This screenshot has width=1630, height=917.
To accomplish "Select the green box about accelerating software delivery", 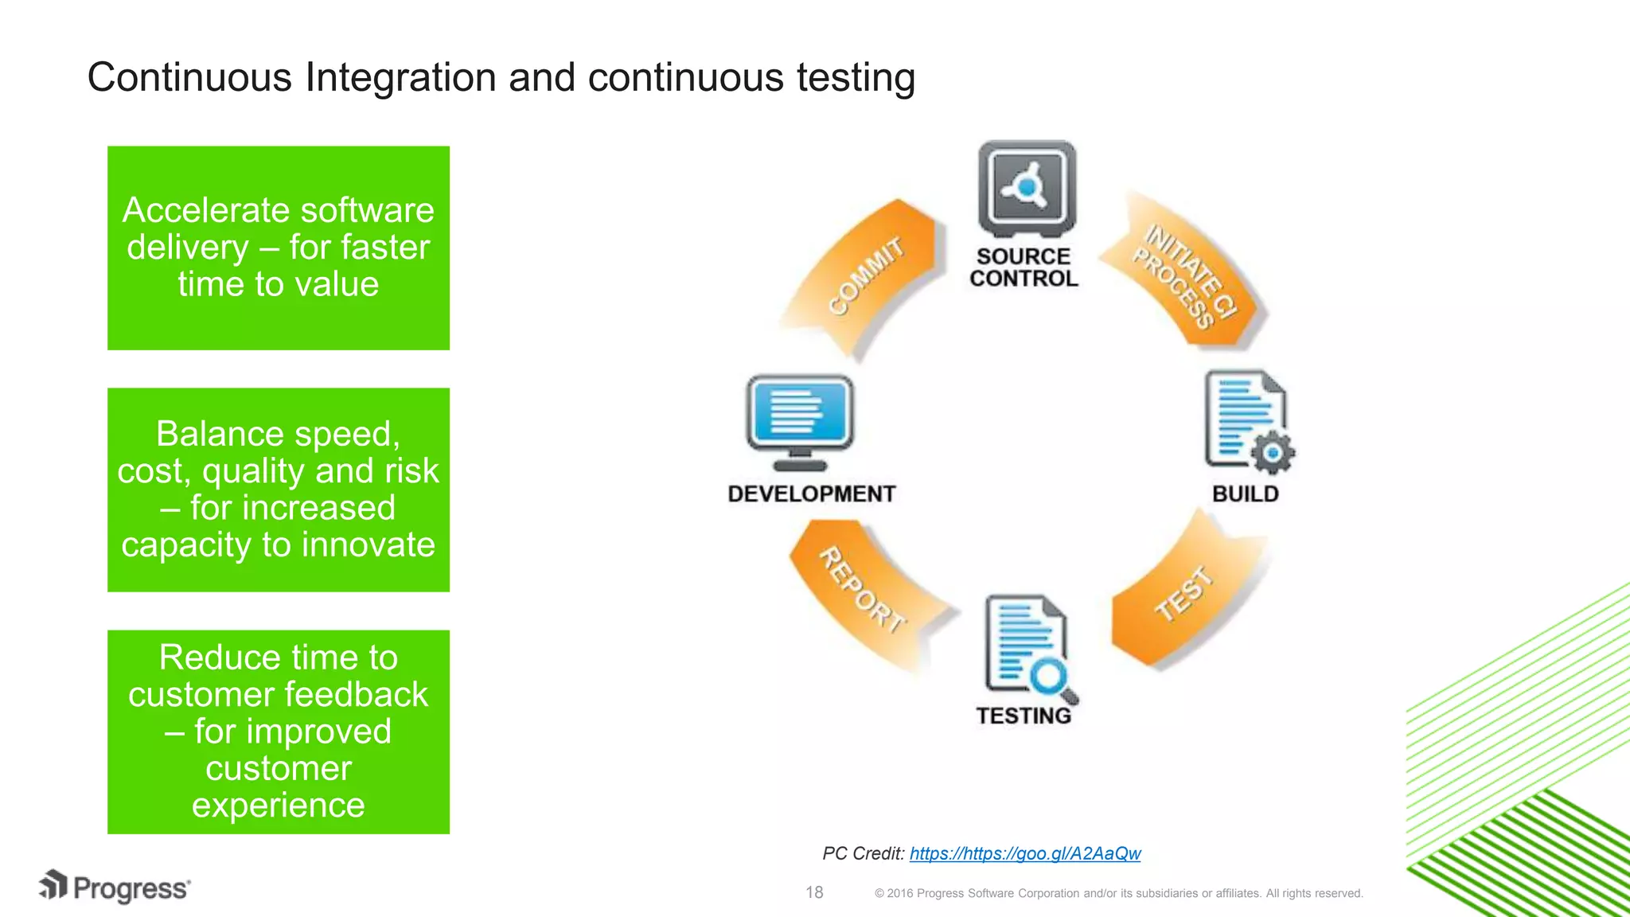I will [279, 248].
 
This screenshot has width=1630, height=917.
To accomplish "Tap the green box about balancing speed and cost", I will [279, 490].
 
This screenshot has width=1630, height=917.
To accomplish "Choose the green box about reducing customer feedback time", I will [279, 732].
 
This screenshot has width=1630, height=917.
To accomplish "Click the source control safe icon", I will [1026, 189].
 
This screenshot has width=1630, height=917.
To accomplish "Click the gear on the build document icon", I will [1272, 453].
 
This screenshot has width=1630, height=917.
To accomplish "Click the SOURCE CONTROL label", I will [1024, 267].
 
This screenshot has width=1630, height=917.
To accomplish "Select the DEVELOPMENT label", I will [811, 494].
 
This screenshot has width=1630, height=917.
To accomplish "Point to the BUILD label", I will [1245, 494].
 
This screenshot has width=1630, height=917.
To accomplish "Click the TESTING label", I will [1024, 716].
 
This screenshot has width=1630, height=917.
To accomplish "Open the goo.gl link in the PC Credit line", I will [1024, 853].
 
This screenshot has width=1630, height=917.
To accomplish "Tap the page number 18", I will [814, 892].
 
